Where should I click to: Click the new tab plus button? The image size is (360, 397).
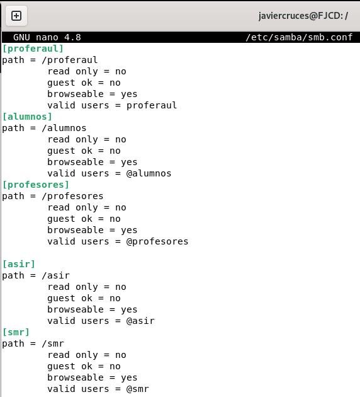click(x=16, y=16)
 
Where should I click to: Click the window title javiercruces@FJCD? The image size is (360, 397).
click(x=303, y=16)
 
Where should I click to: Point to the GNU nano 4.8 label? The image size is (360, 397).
click(x=47, y=37)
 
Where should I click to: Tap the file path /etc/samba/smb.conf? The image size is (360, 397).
click(x=299, y=37)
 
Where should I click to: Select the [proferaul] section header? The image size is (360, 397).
click(x=33, y=49)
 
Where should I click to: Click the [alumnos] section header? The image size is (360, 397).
click(x=27, y=117)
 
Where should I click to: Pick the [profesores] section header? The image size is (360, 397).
click(x=35, y=185)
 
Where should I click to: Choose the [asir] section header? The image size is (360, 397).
click(x=18, y=264)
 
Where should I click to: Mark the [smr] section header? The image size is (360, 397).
click(x=16, y=332)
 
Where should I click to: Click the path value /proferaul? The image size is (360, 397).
click(x=69, y=60)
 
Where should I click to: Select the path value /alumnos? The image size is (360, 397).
click(x=64, y=128)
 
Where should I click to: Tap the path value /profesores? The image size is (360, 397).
click(x=72, y=196)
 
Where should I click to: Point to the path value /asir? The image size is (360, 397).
click(x=55, y=275)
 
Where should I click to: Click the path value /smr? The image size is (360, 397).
click(x=53, y=343)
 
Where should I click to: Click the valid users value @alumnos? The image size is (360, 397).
click(x=149, y=173)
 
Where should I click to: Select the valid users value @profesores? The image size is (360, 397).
click(x=157, y=241)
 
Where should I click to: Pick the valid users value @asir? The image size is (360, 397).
click(x=140, y=321)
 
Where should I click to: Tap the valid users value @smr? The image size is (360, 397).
click(x=138, y=389)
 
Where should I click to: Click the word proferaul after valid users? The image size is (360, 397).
click(x=152, y=105)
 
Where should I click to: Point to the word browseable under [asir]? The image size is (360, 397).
click(x=76, y=309)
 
